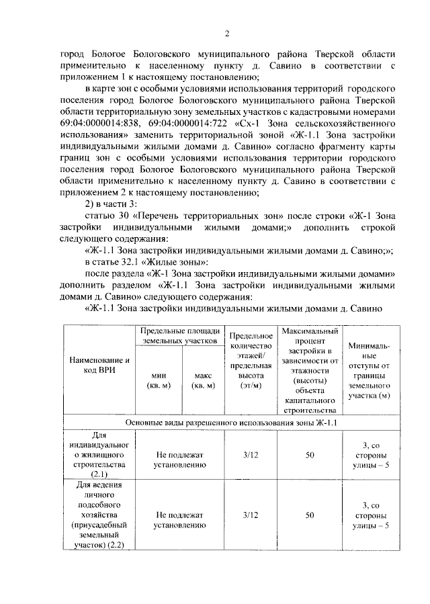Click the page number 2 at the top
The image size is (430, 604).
[226, 33]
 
